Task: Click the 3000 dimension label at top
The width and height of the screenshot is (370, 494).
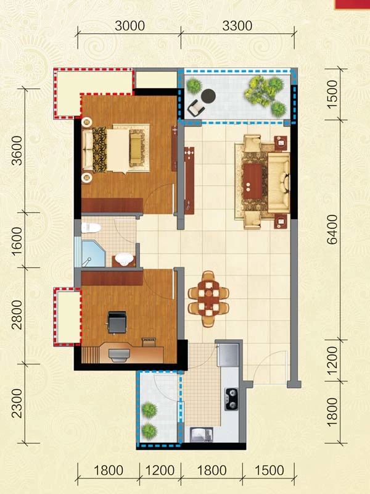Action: [x=129, y=26]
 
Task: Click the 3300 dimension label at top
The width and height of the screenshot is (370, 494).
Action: [x=237, y=26]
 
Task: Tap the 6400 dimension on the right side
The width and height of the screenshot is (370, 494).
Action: [x=332, y=230]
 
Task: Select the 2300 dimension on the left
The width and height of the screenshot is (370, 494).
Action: [x=17, y=404]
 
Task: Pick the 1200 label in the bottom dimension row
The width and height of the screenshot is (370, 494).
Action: [x=160, y=471]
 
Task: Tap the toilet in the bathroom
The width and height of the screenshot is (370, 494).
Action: [x=91, y=227]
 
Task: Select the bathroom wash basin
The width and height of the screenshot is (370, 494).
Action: [x=124, y=259]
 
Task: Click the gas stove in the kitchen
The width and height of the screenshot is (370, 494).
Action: [x=231, y=399]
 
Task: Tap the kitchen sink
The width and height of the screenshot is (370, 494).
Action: [x=202, y=435]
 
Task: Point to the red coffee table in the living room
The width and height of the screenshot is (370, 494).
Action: [x=253, y=181]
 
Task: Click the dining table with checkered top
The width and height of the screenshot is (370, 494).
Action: [x=208, y=298]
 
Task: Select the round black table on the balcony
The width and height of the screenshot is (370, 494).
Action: [x=208, y=96]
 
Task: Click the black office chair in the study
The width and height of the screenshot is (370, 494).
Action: [x=117, y=322]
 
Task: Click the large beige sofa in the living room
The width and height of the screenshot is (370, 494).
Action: [x=279, y=183]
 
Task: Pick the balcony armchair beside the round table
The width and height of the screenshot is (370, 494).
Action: [x=196, y=108]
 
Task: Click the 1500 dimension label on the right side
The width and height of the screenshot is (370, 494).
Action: [x=332, y=94]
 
